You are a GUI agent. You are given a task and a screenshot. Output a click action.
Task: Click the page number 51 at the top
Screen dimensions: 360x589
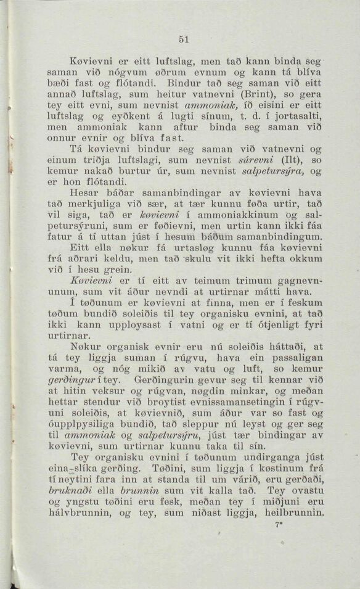tap(183, 38)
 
